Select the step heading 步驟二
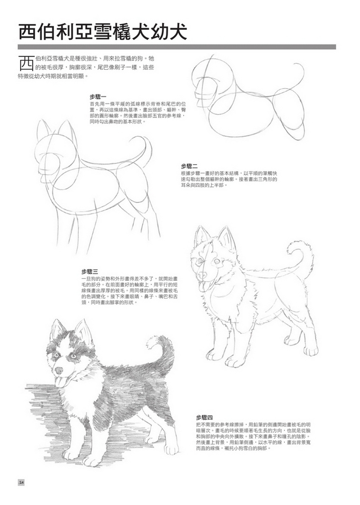coord(190,166)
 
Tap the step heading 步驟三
coord(90,271)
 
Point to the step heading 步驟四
coord(205,417)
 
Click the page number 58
coord(21,482)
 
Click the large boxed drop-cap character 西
coord(25,64)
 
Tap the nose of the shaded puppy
coord(58,372)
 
